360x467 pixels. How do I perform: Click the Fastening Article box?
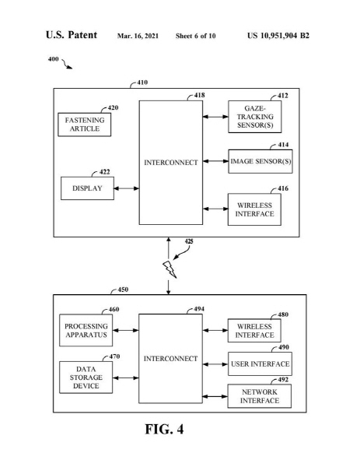coord(85,125)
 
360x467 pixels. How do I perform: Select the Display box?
coord(87,188)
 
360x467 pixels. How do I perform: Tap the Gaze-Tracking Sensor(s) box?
coord(255,117)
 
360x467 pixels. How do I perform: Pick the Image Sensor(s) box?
coord(260,161)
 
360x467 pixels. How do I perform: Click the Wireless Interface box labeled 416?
coord(254,209)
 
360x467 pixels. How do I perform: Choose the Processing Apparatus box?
coord(86,330)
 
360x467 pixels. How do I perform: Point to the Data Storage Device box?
coord(86,377)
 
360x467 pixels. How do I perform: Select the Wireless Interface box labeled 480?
coord(254,331)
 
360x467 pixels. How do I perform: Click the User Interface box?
coord(260,364)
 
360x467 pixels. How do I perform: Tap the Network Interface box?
coord(260,396)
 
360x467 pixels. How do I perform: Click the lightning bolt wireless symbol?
coord(170,269)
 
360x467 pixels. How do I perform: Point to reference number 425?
coord(189,241)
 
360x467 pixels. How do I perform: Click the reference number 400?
coord(53,59)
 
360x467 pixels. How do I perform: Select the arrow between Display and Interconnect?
coord(127,188)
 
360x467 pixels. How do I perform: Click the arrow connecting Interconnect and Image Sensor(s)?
coord(215,161)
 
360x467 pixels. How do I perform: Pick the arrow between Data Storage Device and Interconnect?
coord(125,378)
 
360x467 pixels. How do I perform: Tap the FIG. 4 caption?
coord(164,429)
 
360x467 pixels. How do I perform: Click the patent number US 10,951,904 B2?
coord(278,36)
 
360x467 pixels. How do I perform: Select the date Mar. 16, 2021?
coord(138,36)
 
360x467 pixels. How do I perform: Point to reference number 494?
coord(199,309)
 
